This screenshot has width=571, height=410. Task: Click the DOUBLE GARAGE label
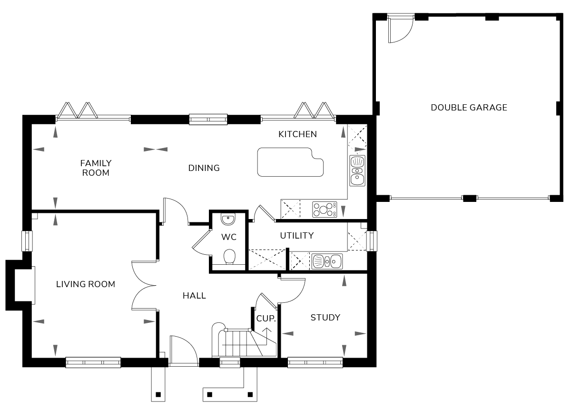tap(469, 108)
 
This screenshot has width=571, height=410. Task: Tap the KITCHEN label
tap(297, 134)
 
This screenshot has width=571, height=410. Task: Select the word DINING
tap(204, 168)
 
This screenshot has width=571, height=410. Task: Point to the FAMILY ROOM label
tap(96, 168)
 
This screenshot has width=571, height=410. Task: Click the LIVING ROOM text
tap(86, 284)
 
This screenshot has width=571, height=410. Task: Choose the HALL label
tap(194, 296)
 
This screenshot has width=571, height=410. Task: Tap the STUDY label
tap(325, 318)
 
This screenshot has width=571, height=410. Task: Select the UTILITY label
tap(297, 236)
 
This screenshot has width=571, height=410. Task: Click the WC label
tap(229, 237)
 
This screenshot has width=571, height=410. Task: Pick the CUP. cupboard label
tap(266, 319)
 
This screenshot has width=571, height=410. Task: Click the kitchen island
tap(290, 162)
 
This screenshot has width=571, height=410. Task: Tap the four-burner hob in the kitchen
tap(325, 210)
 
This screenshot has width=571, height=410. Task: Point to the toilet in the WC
tap(229, 257)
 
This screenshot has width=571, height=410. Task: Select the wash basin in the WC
tap(228, 219)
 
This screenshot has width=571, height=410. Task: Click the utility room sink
tap(327, 261)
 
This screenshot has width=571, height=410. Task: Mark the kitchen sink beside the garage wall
tap(357, 170)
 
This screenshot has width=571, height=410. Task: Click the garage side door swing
tap(401, 29)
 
